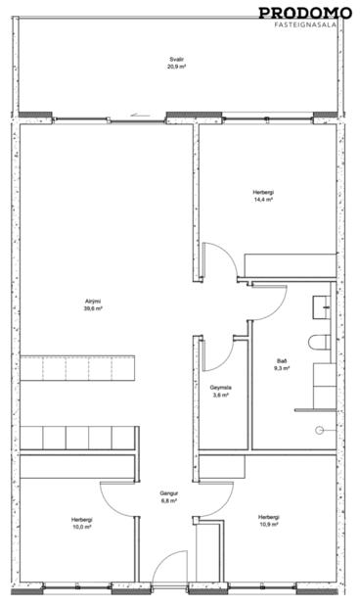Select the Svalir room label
(x=176, y=61)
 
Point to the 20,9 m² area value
(x=176, y=68)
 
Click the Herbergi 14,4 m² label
(x=262, y=196)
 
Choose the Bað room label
(x=282, y=361)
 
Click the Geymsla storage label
(x=221, y=389)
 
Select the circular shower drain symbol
(x=319, y=430)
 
